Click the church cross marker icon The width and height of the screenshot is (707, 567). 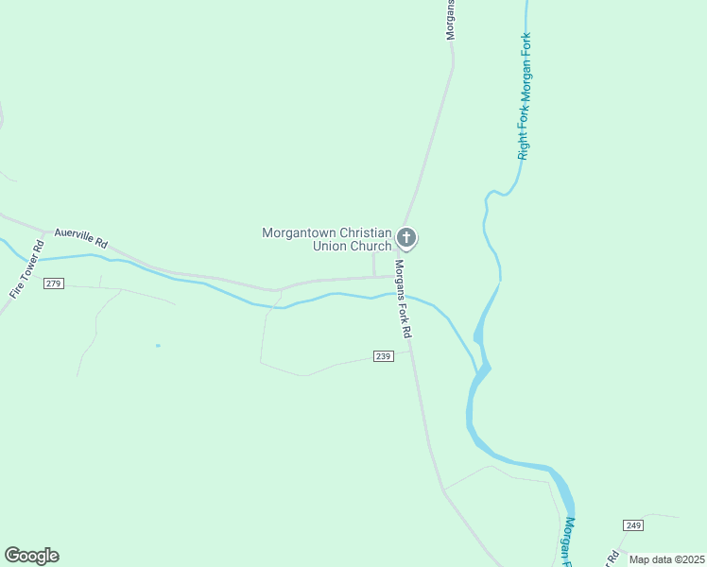[x=406, y=237]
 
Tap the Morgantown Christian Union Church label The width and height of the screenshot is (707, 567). [x=327, y=239]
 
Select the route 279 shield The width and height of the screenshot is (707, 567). [x=54, y=283]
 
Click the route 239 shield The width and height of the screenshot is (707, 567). [x=383, y=356]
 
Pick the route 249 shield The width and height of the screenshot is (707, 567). [x=633, y=524]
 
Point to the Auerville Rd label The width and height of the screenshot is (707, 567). [x=81, y=237]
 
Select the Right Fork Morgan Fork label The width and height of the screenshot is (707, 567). [x=524, y=96]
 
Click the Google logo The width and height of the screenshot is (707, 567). [x=31, y=556]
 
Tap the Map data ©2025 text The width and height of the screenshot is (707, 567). [x=666, y=559]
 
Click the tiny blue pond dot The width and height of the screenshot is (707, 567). [x=158, y=345]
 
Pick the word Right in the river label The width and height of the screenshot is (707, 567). [x=523, y=146]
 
